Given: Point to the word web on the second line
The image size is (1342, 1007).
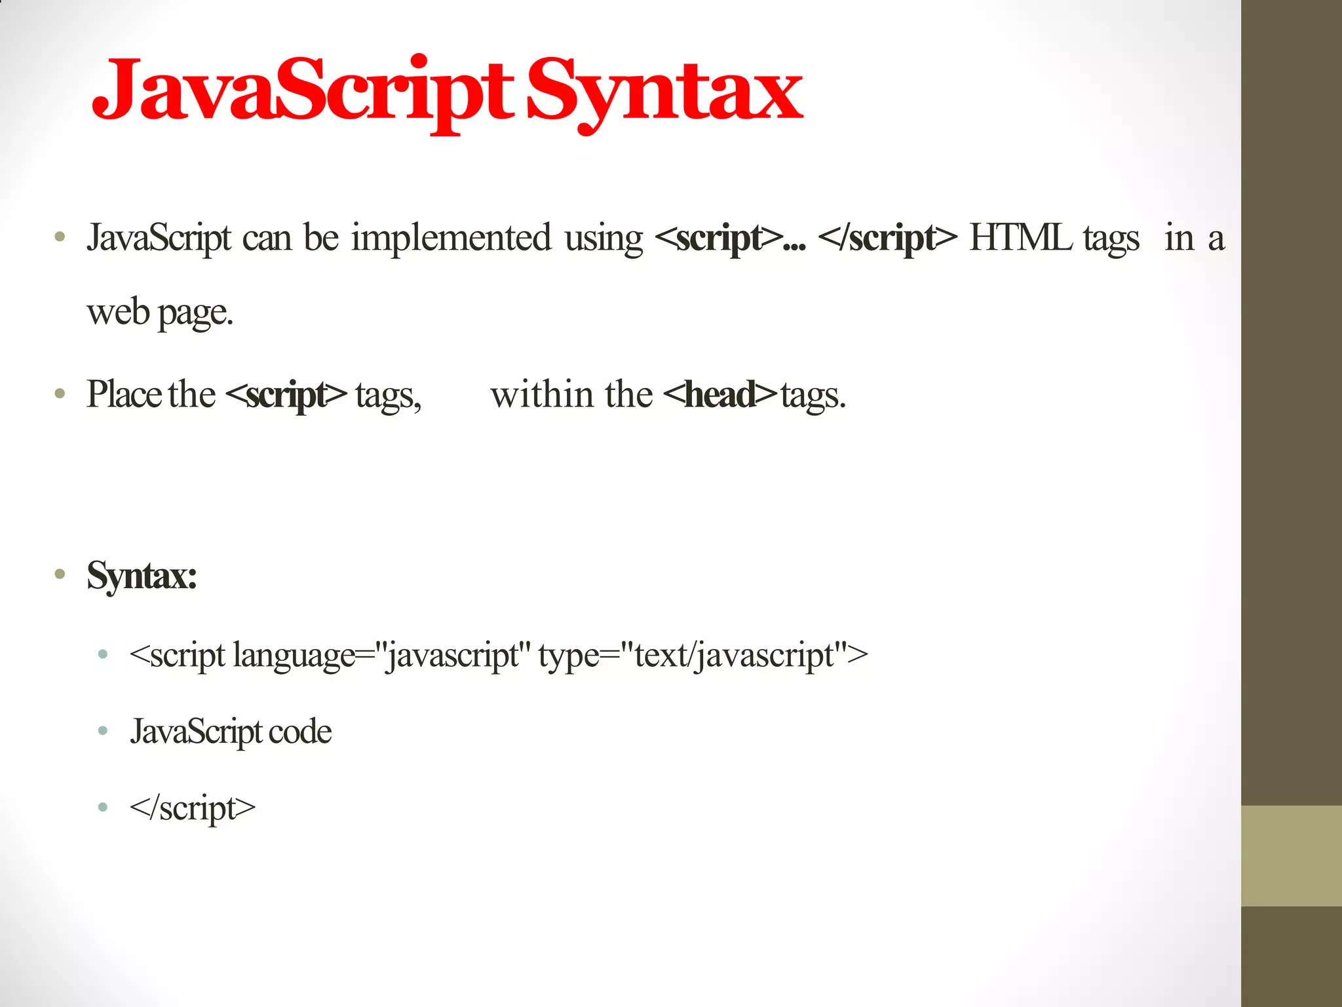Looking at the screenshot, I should coord(118,312).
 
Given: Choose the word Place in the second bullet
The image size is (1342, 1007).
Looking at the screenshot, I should coord(124,395).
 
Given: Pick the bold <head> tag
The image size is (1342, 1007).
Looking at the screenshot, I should coord(719,395).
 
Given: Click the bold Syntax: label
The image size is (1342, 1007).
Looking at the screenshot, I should coord(142,576).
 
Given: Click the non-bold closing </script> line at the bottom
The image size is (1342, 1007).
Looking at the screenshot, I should coord(193,808).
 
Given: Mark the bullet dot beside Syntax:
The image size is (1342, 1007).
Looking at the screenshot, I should coord(60,575).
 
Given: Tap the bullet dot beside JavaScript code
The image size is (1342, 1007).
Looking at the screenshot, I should coord(102,731).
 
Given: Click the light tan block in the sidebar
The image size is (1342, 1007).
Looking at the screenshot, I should coord(1291,856).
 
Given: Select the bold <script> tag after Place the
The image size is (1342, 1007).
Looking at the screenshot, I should coord(286,395).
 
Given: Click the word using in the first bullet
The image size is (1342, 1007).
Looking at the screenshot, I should coord(604,239).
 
